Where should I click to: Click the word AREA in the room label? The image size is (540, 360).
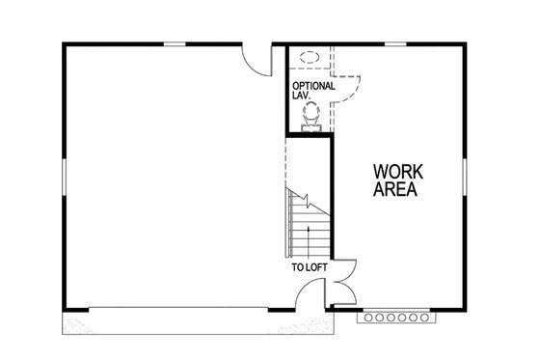click(x=395, y=190)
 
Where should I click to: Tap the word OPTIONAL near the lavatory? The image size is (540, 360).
click(x=313, y=86)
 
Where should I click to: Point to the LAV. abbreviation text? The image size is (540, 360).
click(x=302, y=97)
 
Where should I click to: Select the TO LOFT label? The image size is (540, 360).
click(x=309, y=266)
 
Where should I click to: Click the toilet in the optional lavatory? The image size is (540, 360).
click(x=310, y=114)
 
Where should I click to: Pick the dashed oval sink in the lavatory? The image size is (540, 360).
click(x=310, y=56)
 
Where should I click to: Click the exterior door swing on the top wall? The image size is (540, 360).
click(x=256, y=60)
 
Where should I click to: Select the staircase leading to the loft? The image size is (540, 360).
click(x=309, y=227)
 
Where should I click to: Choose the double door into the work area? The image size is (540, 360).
click(x=338, y=286)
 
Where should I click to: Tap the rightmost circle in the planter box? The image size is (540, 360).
click(x=424, y=316)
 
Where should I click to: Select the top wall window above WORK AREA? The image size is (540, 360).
click(x=395, y=43)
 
